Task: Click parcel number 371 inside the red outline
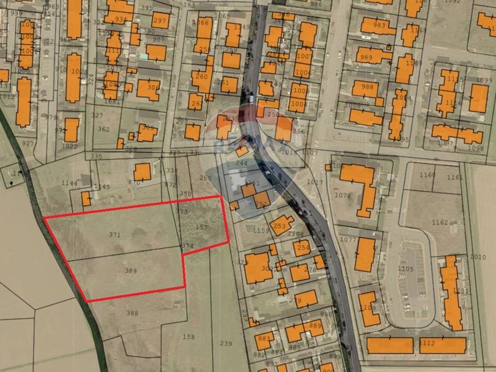[x=114, y=235]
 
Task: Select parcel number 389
[x=130, y=271]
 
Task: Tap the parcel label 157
[x=201, y=228]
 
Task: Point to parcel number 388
[x=132, y=313]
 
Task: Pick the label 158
[x=189, y=337]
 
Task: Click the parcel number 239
[x=226, y=343]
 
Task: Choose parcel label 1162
[x=440, y=222]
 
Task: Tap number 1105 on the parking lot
[x=405, y=268]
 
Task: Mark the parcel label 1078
[x=343, y=196]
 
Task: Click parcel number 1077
[x=348, y=239]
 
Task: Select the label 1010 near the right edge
[x=478, y=257]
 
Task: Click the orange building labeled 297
[x=161, y=20]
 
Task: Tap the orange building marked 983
[x=379, y=25]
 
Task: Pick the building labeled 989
[x=366, y=58]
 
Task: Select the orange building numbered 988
[x=368, y=87]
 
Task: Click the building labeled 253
[x=280, y=226]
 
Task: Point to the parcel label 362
[x=104, y=130]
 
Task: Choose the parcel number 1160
[x=427, y=175]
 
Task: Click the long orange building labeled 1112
[x=427, y=343]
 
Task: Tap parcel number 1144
[x=69, y=184]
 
